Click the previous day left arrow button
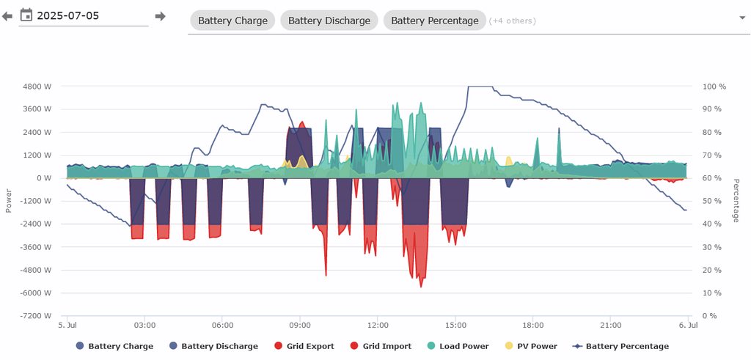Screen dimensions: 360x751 (x=7, y=16)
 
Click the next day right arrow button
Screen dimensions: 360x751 (x=161, y=16)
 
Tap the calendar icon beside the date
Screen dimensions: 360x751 (x=26, y=15)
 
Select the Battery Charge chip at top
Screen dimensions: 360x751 (x=232, y=21)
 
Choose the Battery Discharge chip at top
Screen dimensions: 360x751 (x=329, y=21)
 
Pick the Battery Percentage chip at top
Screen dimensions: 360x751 (x=434, y=21)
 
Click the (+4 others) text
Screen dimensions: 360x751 (x=513, y=21)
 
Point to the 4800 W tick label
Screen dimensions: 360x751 (x=37, y=87)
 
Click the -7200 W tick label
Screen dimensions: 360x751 (x=37, y=316)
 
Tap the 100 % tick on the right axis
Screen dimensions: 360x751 (x=714, y=87)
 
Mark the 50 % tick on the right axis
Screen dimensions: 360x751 (x=713, y=201)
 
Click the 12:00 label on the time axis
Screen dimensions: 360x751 (x=378, y=325)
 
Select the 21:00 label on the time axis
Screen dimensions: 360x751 (x=610, y=325)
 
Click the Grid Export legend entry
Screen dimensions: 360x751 (x=304, y=346)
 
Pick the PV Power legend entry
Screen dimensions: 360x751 (x=532, y=346)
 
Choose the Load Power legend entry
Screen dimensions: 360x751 (x=457, y=346)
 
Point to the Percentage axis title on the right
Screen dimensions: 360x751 (x=736, y=200)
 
